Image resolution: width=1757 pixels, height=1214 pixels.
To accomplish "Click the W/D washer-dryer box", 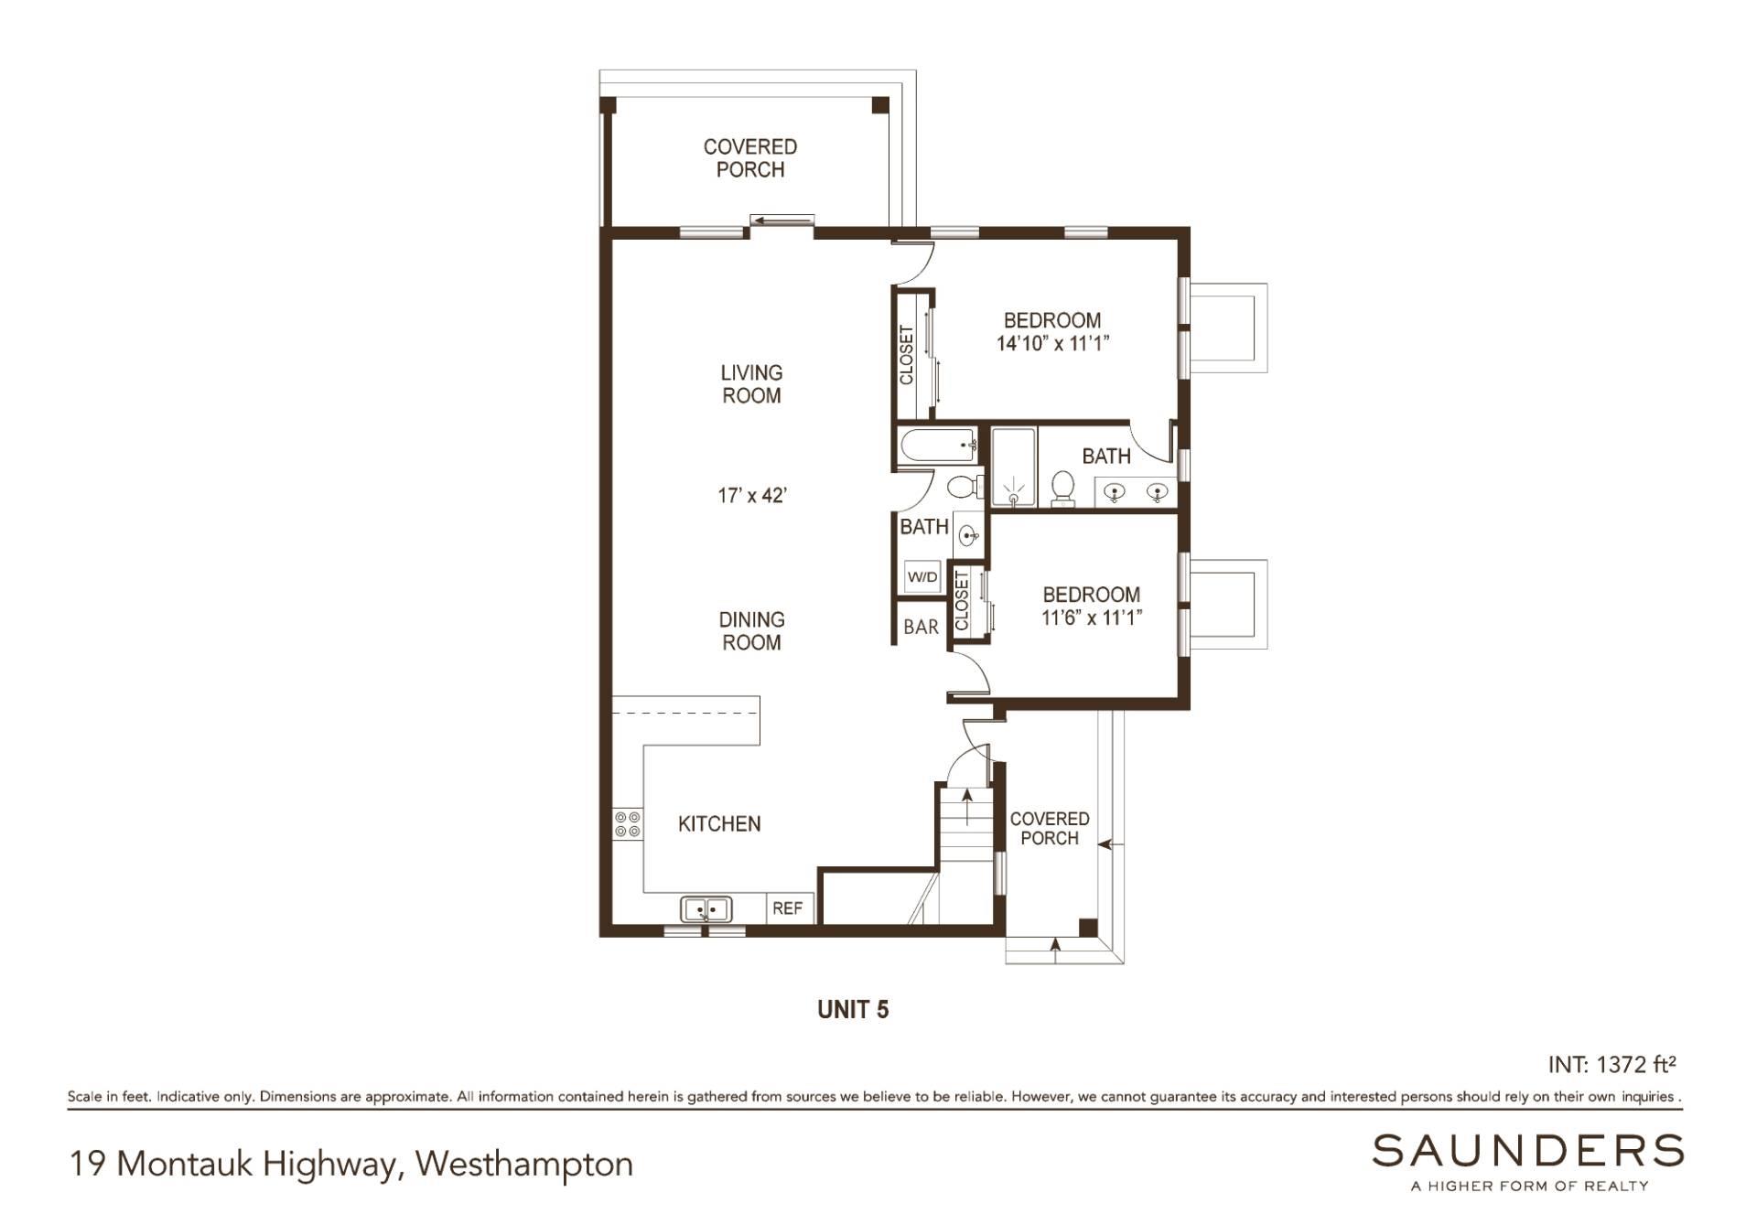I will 922,576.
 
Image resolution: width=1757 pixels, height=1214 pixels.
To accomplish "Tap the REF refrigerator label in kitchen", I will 787,908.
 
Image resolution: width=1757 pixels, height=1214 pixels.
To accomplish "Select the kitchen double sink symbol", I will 706,909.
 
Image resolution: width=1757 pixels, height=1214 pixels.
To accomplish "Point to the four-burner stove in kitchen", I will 628,824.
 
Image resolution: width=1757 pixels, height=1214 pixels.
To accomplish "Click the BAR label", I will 921,627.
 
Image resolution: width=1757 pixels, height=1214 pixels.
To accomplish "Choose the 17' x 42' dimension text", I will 752,495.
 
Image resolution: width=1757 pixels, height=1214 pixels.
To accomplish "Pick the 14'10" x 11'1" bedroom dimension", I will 1052,344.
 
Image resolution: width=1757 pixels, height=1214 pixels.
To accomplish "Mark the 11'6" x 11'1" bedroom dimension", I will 1091,618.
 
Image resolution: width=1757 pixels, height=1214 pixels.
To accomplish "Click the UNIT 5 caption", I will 853,1009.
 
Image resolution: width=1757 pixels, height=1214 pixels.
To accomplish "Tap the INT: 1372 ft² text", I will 1611,1064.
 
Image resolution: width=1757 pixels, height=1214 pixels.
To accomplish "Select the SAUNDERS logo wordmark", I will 1527,1150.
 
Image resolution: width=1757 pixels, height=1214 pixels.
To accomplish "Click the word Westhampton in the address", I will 523,1164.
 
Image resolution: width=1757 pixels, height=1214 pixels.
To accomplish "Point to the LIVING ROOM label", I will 751,384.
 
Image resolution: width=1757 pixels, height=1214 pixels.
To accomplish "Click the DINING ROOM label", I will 751,631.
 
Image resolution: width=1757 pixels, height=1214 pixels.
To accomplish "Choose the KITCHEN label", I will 719,823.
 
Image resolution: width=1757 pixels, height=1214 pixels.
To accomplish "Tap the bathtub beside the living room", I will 938,447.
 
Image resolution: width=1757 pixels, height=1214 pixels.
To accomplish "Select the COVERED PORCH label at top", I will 749,158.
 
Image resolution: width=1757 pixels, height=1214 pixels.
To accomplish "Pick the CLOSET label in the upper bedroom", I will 907,355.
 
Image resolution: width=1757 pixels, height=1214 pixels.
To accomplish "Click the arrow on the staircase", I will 967,805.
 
